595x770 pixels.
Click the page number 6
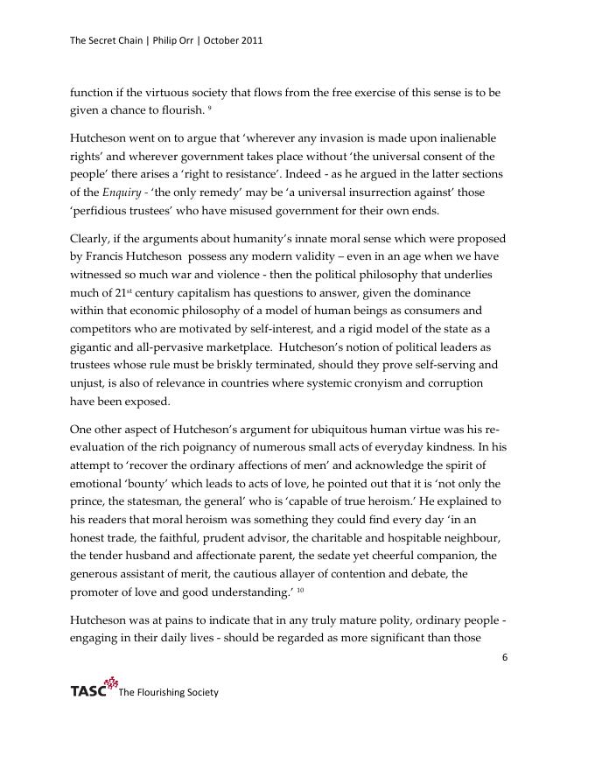505,659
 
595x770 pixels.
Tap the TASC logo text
88,691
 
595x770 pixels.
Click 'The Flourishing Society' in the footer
168,693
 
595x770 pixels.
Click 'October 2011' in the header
233,41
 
